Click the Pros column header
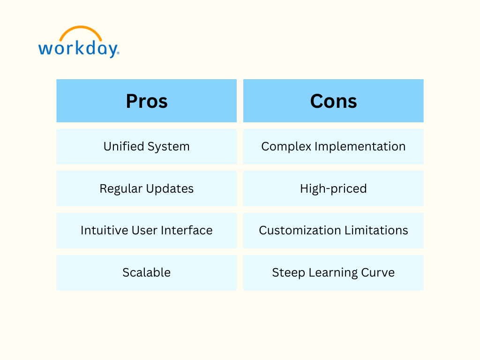pos(146,101)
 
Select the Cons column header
pos(333,101)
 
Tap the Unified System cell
pos(146,147)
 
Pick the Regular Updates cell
pos(146,188)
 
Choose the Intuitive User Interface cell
pos(146,231)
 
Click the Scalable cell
pos(146,272)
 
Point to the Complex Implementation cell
pos(333,147)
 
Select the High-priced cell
pos(333,188)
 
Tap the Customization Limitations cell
pos(333,231)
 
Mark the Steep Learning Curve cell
pos(333,272)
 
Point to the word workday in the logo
pos(78,49)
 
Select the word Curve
pos(378,272)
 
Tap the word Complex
pos(286,147)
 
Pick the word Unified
pos(124,146)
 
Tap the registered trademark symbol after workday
pos(118,53)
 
